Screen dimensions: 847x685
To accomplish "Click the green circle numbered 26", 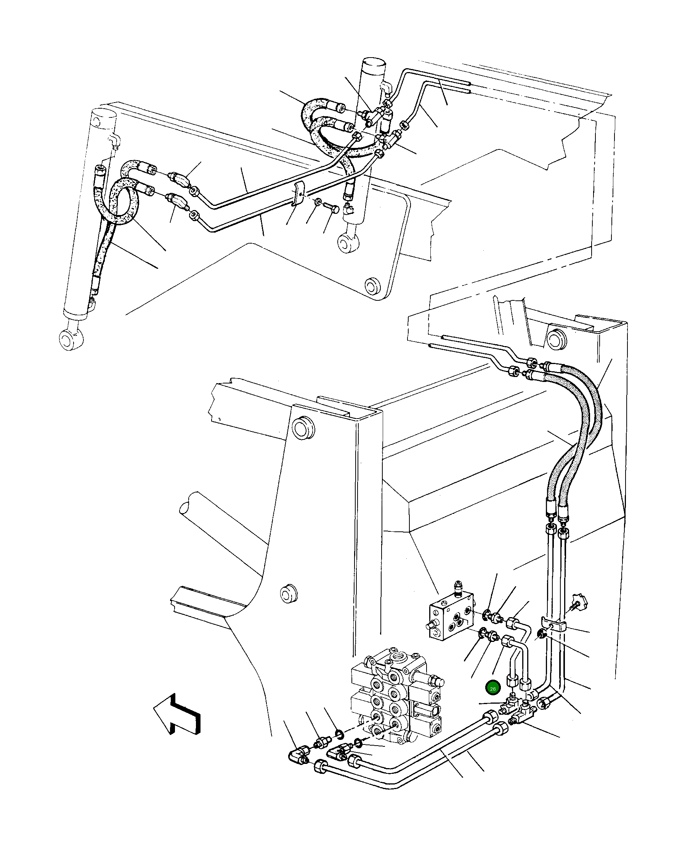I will (493, 688).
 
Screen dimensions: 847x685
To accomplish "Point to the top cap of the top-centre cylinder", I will (374, 64).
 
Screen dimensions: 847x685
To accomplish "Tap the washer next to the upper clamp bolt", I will (317, 202).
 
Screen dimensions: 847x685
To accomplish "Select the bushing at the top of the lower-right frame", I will (557, 339).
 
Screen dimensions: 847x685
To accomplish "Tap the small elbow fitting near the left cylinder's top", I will (114, 141).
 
